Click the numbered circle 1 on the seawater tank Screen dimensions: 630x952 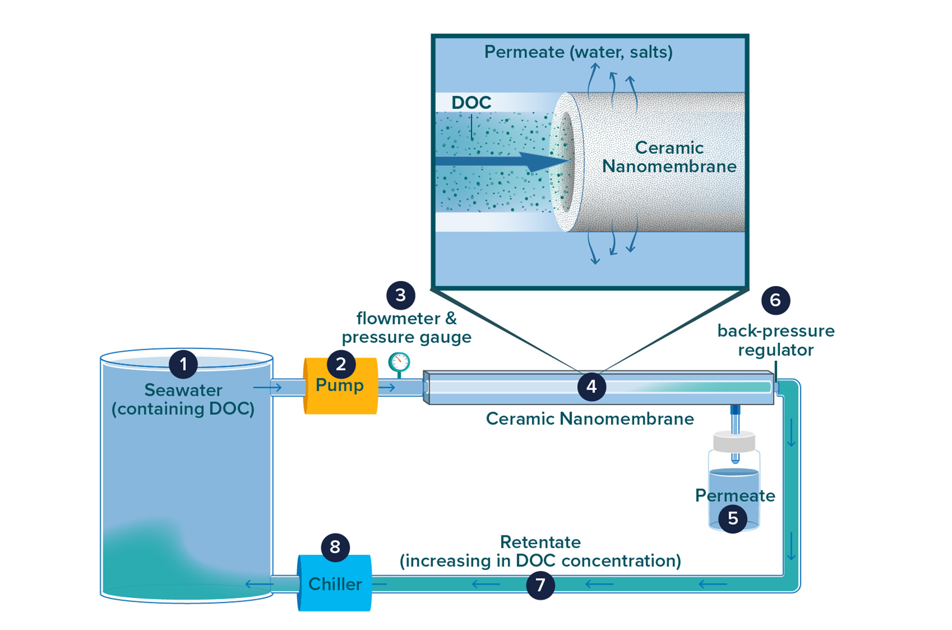coord(183,364)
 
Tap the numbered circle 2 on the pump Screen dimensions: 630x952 coord(341,364)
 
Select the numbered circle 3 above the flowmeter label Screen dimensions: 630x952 coord(401,295)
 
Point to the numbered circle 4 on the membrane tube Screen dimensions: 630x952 coord(591,386)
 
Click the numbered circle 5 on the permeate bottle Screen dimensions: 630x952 coord(733,518)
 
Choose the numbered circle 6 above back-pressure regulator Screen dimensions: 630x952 coord(775,300)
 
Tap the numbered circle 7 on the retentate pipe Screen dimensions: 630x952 coord(540,585)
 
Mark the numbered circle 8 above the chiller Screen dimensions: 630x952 coord(335,547)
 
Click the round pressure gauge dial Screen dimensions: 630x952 coord(399,362)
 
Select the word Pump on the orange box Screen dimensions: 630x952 coord(339,385)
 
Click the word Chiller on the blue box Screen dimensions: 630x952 coord(335,584)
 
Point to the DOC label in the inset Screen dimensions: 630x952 coord(471,102)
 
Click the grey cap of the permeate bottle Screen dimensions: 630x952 coord(734,441)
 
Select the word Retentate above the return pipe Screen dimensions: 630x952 coord(540,542)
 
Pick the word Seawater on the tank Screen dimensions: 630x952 coord(183,390)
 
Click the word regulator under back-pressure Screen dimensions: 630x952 coord(775,350)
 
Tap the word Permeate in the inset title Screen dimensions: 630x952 coord(524,52)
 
